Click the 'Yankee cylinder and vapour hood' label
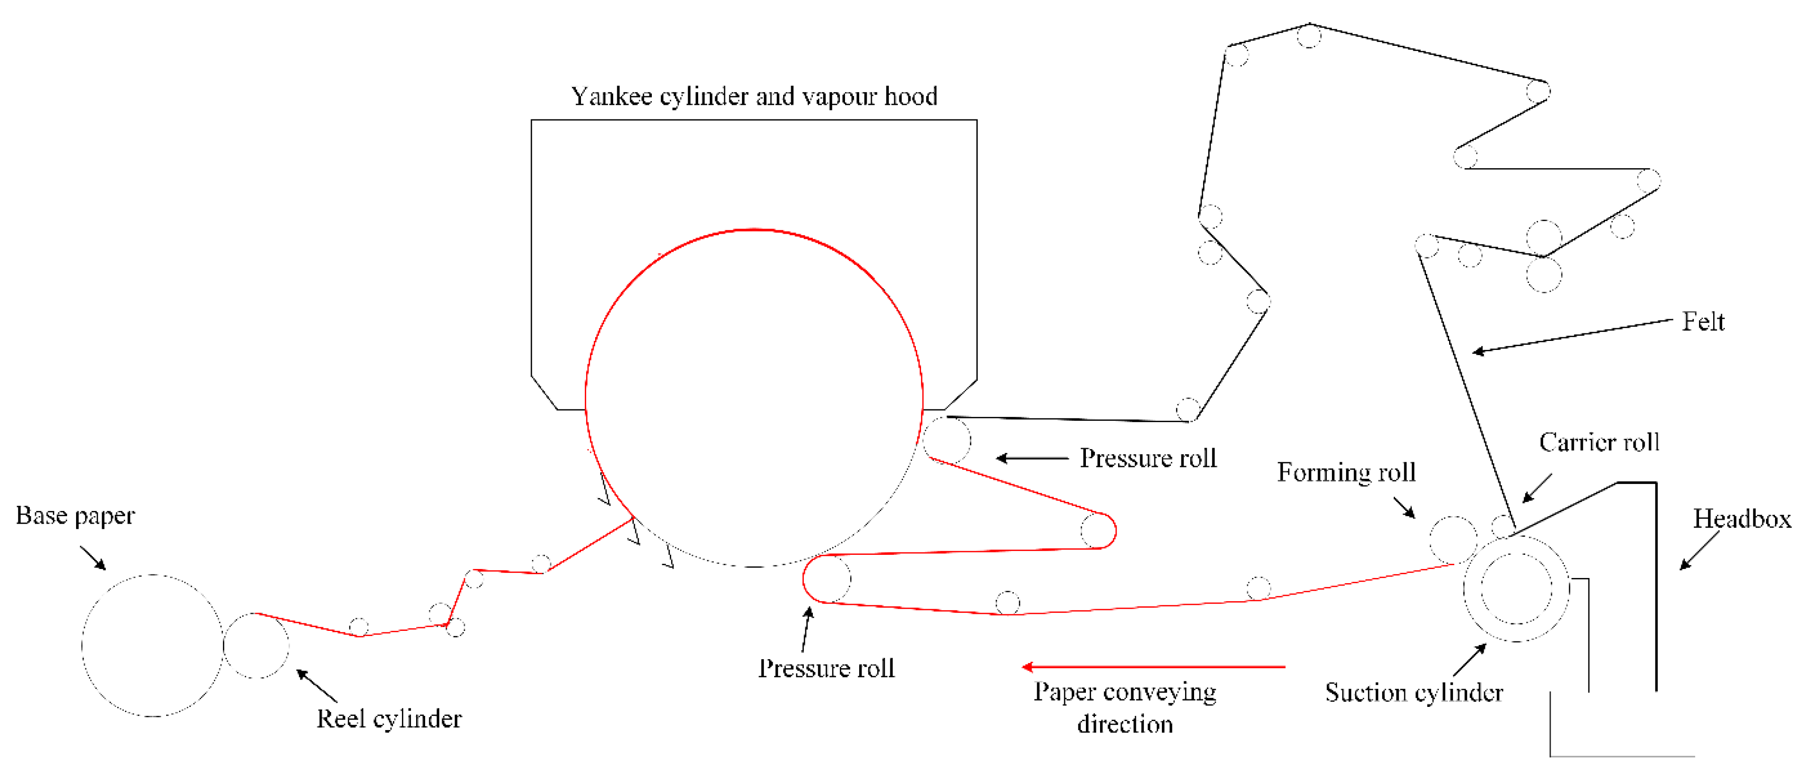tap(754, 96)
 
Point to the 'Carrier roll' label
tap(1598, 442)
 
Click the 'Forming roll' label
tap(1346, 473)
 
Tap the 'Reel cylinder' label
tap(389, 719)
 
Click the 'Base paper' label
tap(75, 516)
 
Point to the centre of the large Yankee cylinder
tap(754, 398)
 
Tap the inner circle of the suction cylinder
tap(1516, 588)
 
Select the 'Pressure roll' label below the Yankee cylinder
tap(826, 669)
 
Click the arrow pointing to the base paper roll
tap(92, 558)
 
